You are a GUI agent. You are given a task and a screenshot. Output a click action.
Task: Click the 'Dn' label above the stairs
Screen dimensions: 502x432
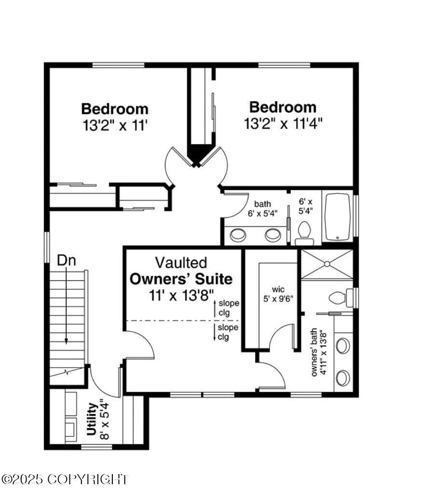[67, 261]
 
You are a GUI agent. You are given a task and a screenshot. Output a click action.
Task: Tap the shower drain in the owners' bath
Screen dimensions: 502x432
[327, 264]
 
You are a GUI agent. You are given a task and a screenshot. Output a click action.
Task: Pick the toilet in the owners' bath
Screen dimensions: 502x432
[338, 297]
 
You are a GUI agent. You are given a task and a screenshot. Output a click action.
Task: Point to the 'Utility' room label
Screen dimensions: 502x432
[93, 420]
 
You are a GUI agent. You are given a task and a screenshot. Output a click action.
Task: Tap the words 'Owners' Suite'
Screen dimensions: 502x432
[181, 278]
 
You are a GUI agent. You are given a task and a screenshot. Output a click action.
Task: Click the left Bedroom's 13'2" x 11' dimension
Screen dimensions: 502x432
[114, 126]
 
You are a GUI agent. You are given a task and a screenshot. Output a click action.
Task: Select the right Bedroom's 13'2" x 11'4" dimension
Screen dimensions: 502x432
[283, 124]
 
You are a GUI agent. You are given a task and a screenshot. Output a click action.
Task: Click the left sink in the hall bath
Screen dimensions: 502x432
[238, 235]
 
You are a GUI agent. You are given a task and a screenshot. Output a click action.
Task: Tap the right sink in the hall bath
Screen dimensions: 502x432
[273, 235]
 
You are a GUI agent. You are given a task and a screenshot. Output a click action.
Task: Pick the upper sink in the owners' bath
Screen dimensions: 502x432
[343, 346]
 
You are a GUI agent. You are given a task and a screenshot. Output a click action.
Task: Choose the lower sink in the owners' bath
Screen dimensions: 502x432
[343, 378]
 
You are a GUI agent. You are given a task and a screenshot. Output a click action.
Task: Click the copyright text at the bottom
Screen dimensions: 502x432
[65, 479]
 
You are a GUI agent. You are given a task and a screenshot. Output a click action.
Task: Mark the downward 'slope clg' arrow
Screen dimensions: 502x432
[216, 332]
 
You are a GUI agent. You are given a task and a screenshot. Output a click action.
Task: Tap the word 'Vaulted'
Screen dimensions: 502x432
[181, 263]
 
